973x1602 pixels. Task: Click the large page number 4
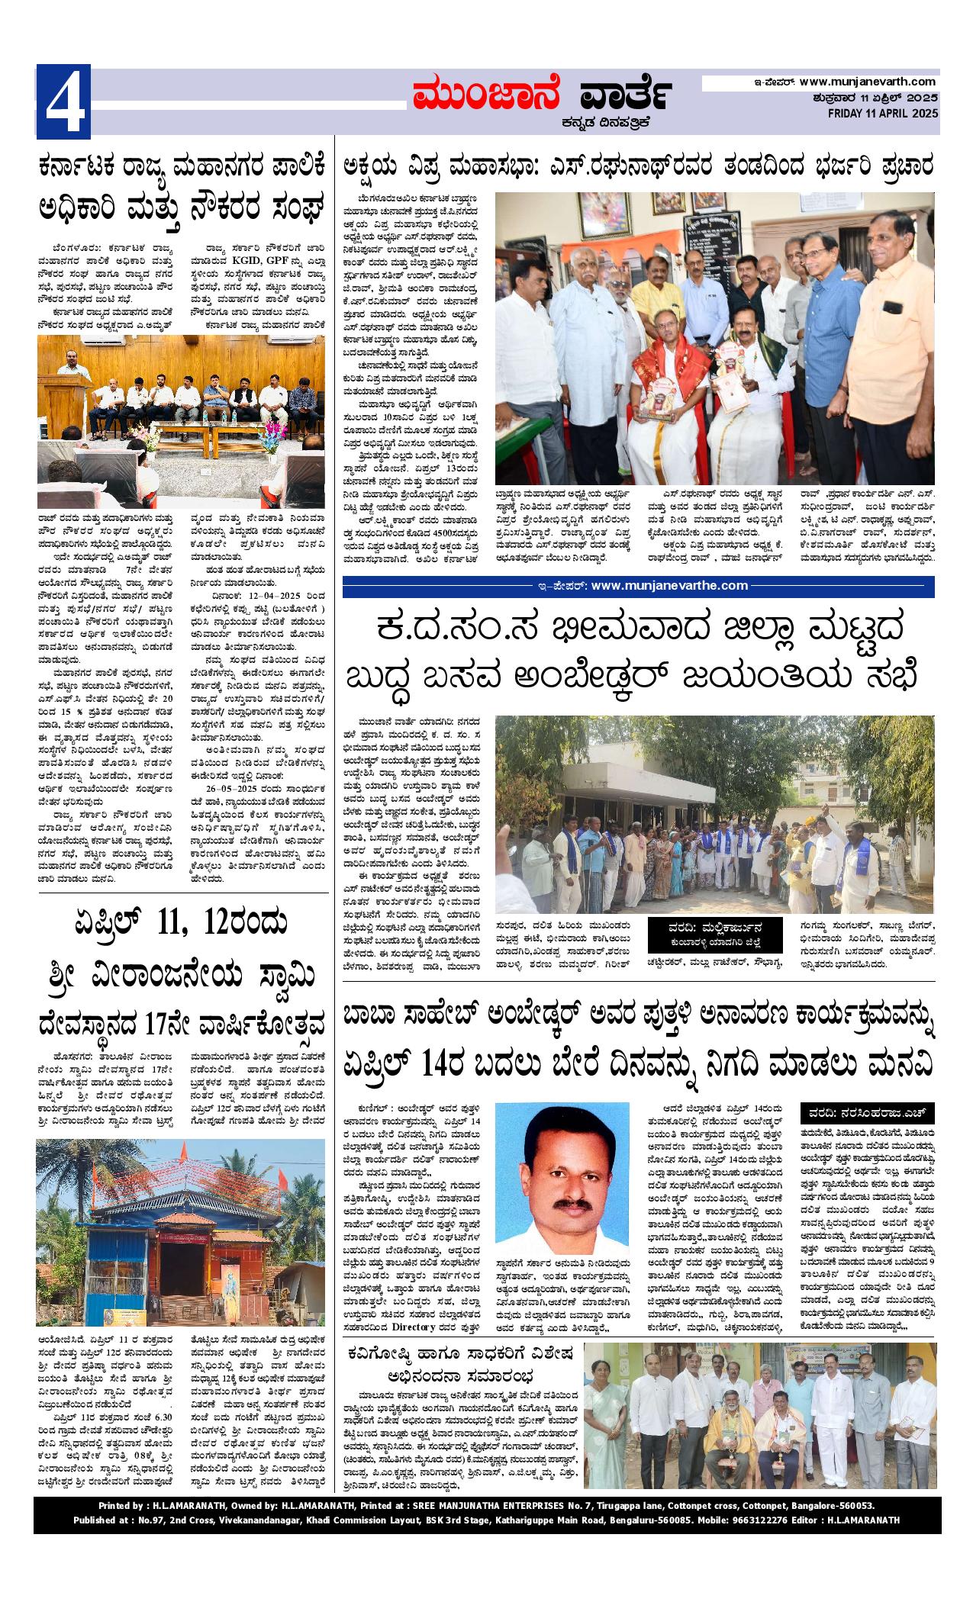click(x=63, y=101)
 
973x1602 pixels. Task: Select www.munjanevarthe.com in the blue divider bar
click(x=669, y=585)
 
